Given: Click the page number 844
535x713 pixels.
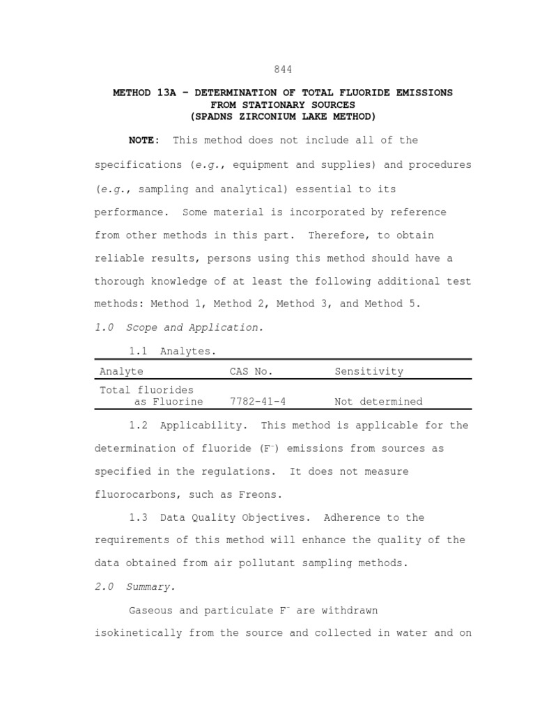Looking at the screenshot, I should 282,69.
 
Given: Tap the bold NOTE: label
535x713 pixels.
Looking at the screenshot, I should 144,140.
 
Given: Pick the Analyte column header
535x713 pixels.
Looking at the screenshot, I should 121,371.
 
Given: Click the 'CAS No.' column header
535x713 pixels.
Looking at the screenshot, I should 251,371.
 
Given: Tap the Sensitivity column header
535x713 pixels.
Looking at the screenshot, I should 369,371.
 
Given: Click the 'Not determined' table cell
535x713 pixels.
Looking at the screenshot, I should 378,402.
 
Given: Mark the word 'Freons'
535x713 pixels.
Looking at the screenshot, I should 259,494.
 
